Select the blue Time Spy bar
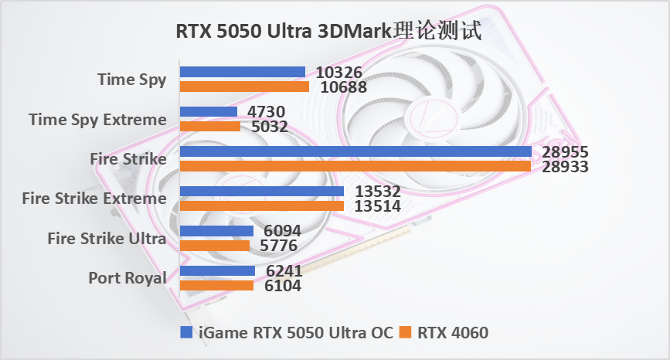tap(243, 72)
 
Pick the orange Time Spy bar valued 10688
tap(244, 87)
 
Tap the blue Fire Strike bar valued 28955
tap(355, 151)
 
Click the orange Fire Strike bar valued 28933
tap(355, 166)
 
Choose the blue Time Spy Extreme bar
tap(209, 112)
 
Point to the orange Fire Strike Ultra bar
tap(215, 246)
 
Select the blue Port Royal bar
tap(217, 270)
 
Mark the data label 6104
tap(282, 286)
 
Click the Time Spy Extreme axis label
tap(97, 119)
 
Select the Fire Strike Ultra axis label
tap(107, 238)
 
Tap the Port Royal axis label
tap(128, 278)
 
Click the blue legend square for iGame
tap(186, 333)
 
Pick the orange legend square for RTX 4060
tap(406, 333)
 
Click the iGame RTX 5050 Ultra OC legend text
tap(294, 333)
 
